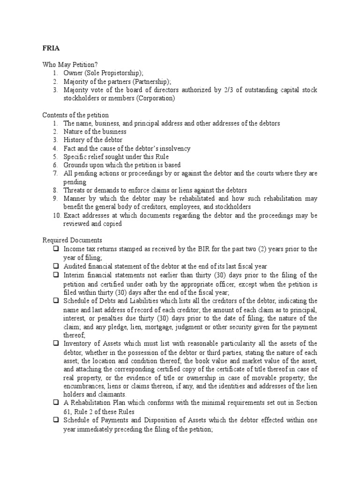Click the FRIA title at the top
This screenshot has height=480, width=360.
(x=51, y=48)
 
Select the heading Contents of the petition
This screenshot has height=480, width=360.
(x=75, y=115)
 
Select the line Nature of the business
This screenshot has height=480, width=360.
(x=95, y=132)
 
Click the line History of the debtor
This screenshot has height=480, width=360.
(x=93, y=140)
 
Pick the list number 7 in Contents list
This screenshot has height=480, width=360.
(x=55, y=173)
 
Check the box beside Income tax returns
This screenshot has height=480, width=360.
(x=56, y=249)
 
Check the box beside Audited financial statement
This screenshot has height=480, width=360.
(x=56, y=266)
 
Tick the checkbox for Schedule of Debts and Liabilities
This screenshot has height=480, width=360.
(x=56, y=300)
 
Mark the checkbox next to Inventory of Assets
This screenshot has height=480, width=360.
(x=56, y=344)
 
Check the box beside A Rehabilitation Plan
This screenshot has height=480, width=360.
(x=56, y=403)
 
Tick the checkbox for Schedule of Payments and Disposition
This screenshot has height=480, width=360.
(x=56, y=420)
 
